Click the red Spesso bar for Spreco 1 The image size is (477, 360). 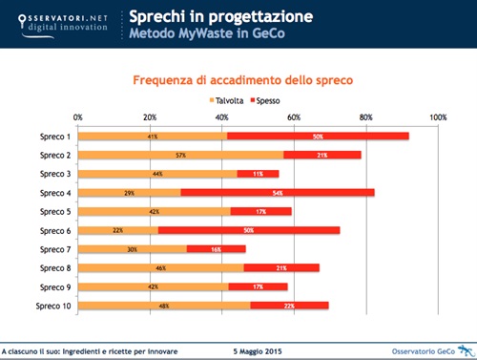(x=318, y=137)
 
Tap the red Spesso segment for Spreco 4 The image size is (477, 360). (x=278, y=193)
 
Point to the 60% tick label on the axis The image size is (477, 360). (x=294, y=117)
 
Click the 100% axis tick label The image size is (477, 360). (x=438, y=117)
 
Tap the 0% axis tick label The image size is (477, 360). (x=77, y=117)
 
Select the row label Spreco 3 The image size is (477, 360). (x=54, y=174)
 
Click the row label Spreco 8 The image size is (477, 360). (x=54, y=268)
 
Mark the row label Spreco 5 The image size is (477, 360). (x=54, y=211)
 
